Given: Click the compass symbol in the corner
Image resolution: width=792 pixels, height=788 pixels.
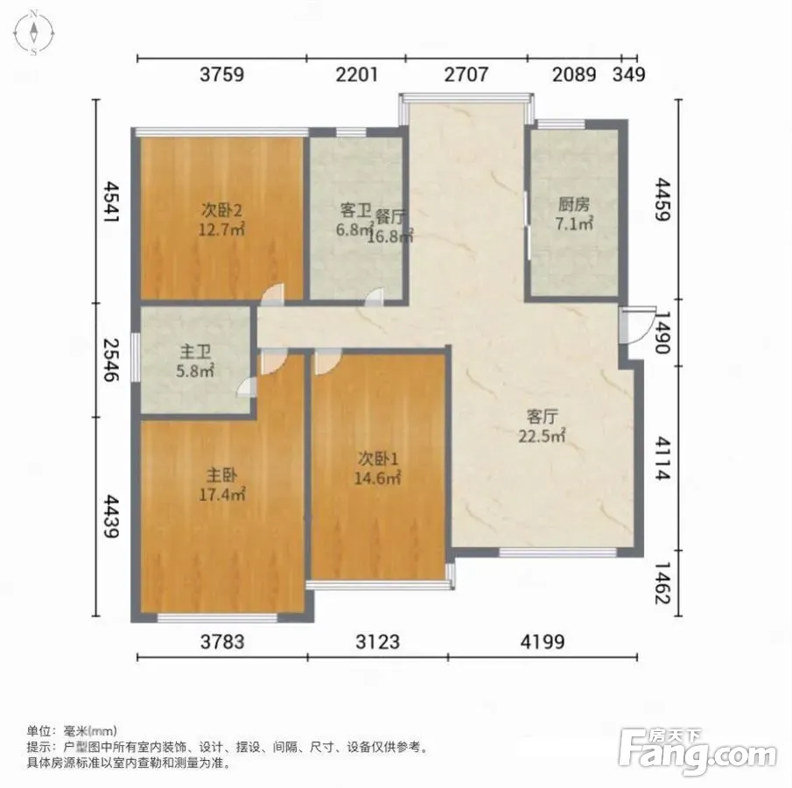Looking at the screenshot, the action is (x=34, y=32).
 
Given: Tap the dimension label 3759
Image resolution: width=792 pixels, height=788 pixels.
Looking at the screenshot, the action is (x=221, y=74).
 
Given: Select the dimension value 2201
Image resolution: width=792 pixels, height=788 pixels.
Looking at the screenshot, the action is (x=356, y=74).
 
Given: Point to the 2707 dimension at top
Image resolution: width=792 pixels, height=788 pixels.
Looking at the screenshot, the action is (x=466, y=74).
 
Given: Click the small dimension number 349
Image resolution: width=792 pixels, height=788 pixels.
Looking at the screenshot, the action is (x=629, y=74).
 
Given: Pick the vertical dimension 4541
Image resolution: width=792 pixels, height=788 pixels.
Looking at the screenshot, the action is (x=111, y=201).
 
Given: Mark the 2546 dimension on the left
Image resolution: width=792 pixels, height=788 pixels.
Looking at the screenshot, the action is (x=111, y=359).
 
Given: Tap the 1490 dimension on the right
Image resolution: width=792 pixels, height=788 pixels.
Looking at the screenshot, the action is (x=662, y=332).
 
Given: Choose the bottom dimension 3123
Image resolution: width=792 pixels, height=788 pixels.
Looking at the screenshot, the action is (x=377, y=642).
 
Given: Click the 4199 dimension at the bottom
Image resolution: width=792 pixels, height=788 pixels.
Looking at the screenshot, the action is (x=543, y=642).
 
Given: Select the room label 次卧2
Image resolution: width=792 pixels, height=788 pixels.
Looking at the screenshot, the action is (x=221, y=208).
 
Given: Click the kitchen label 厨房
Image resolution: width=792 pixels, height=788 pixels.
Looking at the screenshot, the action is (x=574, y=204).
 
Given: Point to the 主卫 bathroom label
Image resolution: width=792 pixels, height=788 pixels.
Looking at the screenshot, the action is (x=195, y=351).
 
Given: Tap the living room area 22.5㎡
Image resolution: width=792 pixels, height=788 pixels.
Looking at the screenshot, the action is (x=542, y=436).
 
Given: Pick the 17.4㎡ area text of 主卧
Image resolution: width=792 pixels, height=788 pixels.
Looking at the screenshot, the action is (x=221, y=494).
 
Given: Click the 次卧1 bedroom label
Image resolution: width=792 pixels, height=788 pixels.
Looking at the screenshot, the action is (x=378, y=459).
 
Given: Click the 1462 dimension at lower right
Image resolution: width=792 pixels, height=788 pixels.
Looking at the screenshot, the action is (x=662, y=583).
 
